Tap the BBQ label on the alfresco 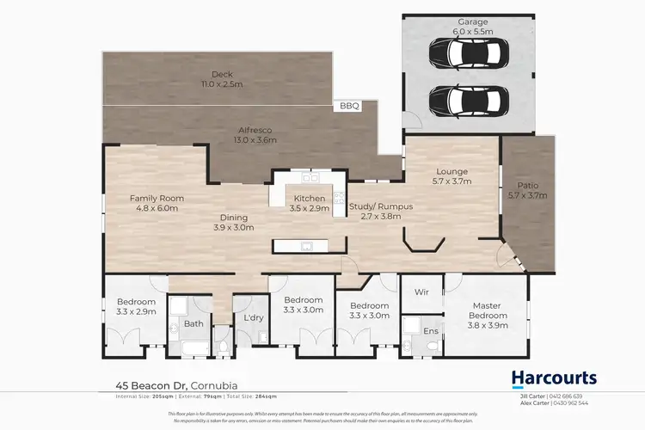pos(348,107)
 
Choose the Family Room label pos(157,203)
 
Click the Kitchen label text pos(310,203)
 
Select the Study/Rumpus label pos(381,212)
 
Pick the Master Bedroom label pos(487,310)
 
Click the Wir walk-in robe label pos(422,292)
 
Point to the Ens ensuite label pos(430,329)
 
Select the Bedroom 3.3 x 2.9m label pos(136,307)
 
